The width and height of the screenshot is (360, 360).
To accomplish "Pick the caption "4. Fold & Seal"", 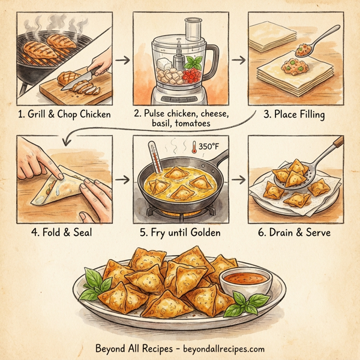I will point(62,231).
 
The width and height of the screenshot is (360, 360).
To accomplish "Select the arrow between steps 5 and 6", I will point(238,179).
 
